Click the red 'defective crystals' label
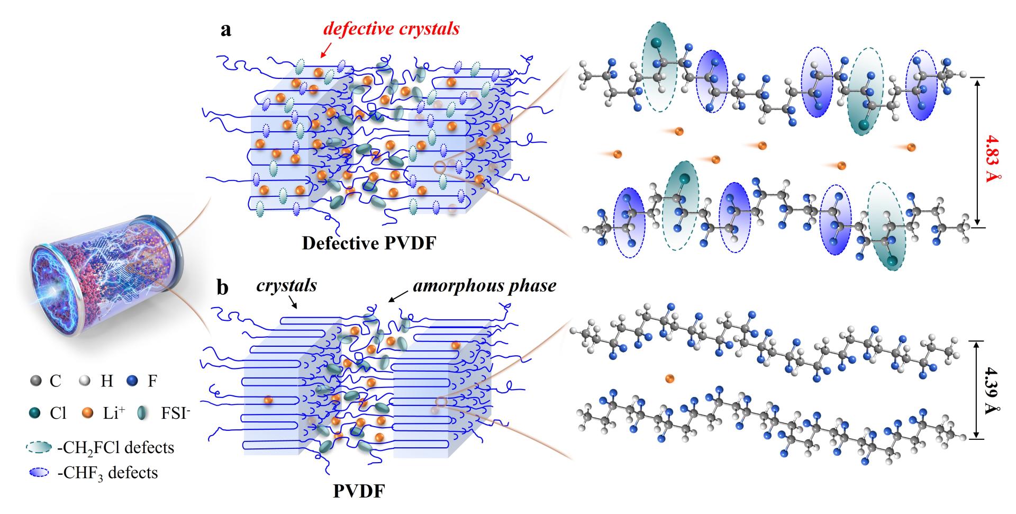[x=391, y=29]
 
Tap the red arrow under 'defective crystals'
[x=325, y=50]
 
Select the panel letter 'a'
[x=226, y=30]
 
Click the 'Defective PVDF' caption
[x=369, y=244]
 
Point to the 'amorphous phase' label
[x=484, y=286]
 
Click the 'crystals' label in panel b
[x=286, y=286]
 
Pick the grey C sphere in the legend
[x=35, y=381]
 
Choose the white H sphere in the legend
[x=85, y=381]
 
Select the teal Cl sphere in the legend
[x=35, y=413]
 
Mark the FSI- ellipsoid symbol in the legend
[x=143, y=413]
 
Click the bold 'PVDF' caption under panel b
[x=359, y=491]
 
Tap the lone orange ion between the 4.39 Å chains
[x=669, y=378]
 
